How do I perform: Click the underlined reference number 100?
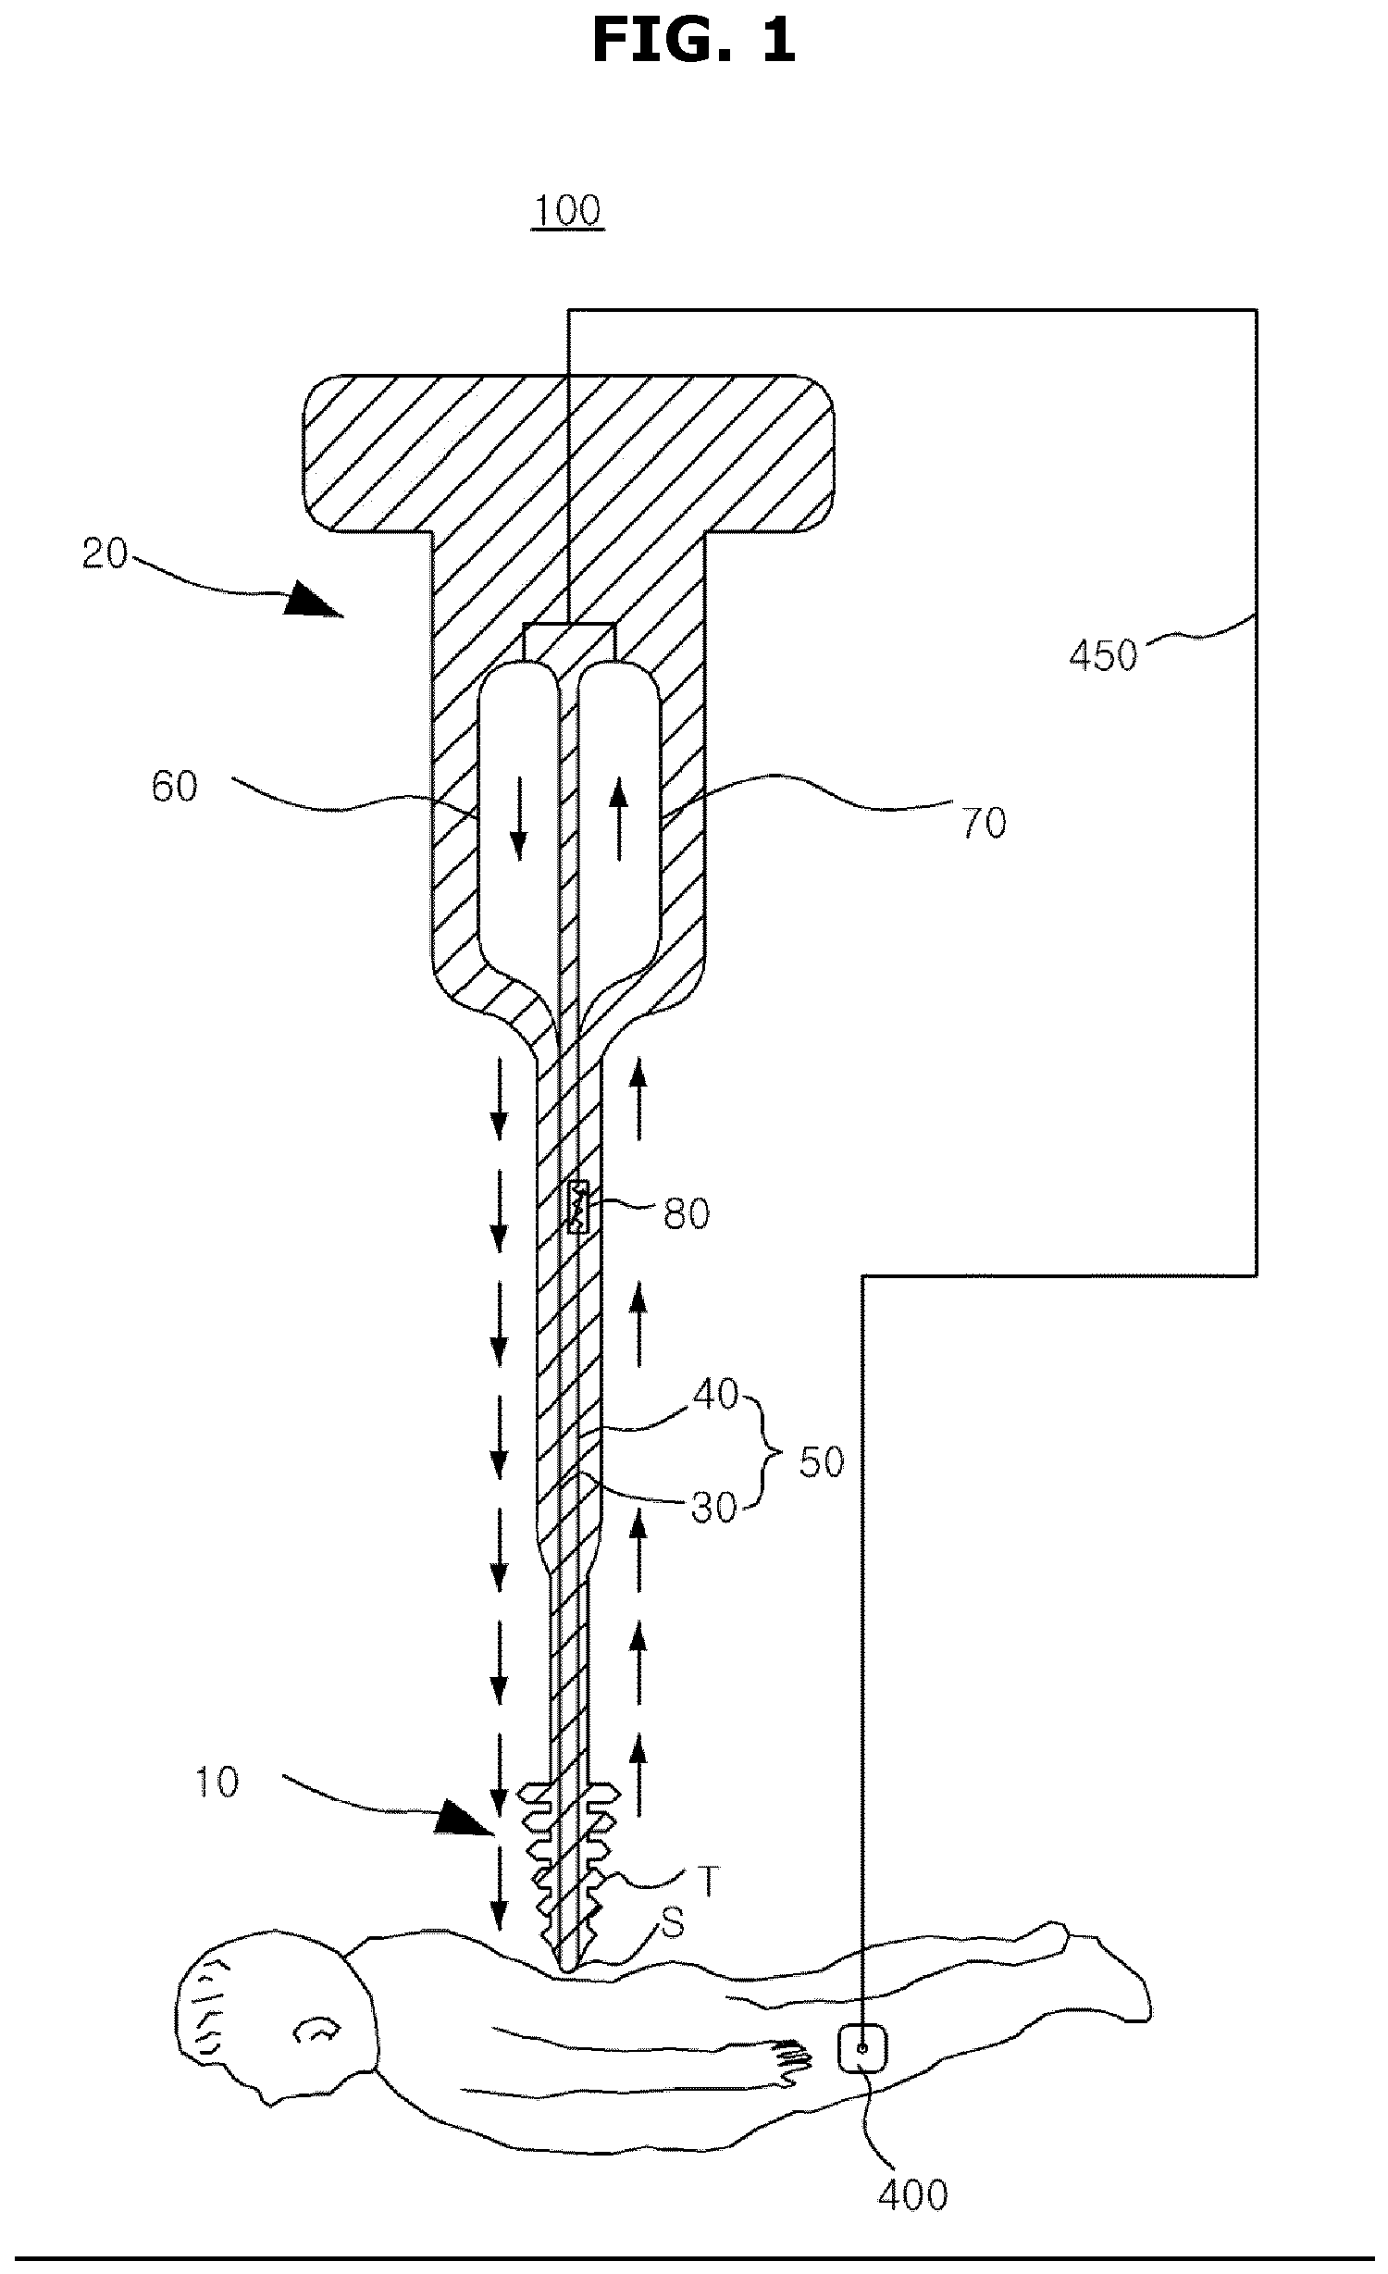567,211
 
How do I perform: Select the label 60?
174,787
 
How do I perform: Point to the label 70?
984,823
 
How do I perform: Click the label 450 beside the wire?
1103,655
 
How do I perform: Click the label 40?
715,1395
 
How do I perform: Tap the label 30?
713,1509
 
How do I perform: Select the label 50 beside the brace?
822,1462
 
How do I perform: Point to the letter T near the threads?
707,1881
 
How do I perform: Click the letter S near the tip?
673,1925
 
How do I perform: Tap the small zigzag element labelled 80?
576,1206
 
